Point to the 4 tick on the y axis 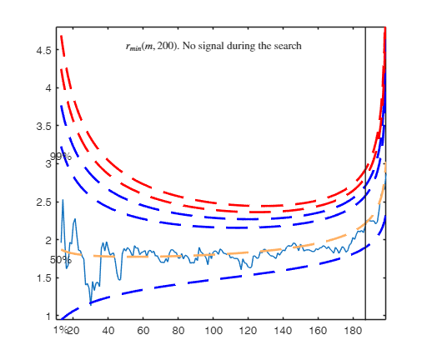(50, 87)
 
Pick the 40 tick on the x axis (108, 331)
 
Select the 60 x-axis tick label (143, 331)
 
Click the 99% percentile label (60, 157)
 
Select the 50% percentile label (60, 260)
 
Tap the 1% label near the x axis (59, 331)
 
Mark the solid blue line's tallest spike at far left (63, 201)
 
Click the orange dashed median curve (208, 253)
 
